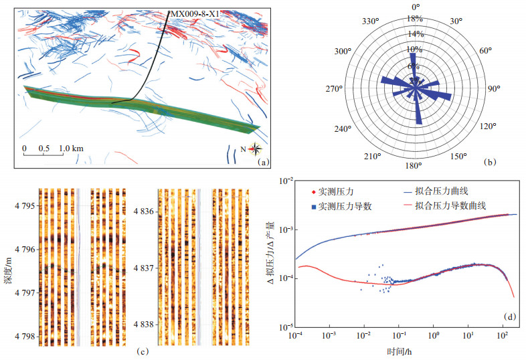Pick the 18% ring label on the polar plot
[416, 19]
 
